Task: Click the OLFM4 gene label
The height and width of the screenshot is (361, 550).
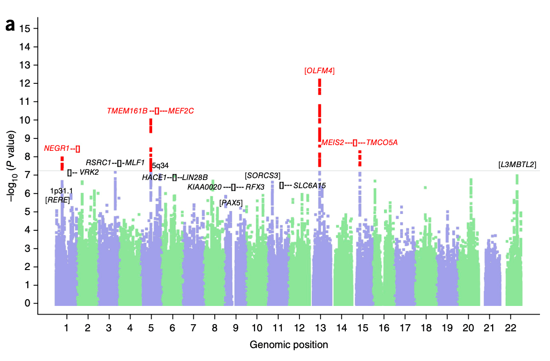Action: coord(319,71)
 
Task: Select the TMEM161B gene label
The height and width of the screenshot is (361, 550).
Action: coord(127,111)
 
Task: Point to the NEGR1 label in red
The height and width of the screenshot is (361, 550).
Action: coord(57,148)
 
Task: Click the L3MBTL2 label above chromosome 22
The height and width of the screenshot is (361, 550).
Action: coord(517,165)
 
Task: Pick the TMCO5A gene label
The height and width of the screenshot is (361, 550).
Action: coord(382,143)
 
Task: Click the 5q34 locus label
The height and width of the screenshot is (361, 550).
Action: coord(160,166)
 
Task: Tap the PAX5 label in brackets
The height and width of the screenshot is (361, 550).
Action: coord(231,203)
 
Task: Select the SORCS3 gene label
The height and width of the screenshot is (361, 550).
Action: coord(262,176)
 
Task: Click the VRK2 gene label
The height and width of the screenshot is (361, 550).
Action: coord(89,172)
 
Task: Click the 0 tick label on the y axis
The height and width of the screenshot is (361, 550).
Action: coord(29,304)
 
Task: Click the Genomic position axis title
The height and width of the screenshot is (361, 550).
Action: coord(288,345)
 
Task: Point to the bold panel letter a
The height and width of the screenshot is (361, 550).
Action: coord(10,25)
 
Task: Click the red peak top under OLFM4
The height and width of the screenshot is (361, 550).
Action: coord(319,80)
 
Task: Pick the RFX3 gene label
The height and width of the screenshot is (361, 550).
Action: coord(255,187)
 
